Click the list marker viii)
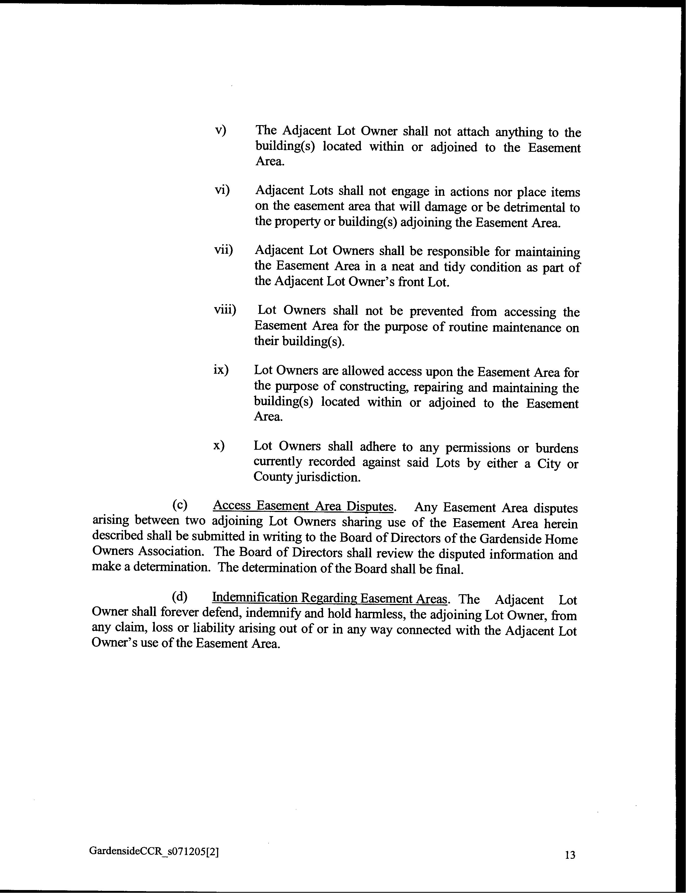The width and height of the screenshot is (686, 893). click(x=225, y=310)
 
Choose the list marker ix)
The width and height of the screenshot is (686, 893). click(x=221, y=370)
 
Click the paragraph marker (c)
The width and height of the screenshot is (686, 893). click(x=180, y=505)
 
